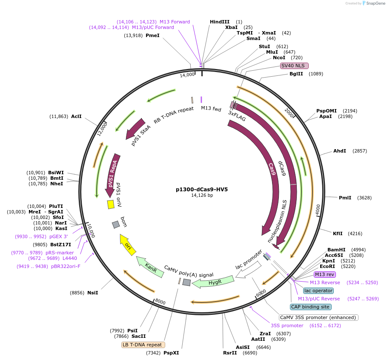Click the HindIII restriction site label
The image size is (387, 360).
(x=219, y=22)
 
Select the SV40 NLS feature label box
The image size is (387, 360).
(x=294, y=66)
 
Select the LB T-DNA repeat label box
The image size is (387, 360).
(x=143, y=345)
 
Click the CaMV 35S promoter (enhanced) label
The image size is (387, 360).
(x=318, y=317)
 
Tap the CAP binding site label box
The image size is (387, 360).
(x=310, y=307)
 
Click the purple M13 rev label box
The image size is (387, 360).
(x=325, y=274)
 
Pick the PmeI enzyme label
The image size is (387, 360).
(x=152, y=35)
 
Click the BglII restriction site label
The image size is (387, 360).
(x=296, y=74)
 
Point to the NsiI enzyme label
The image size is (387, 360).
(x=92, y=293)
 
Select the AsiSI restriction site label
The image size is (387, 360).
(x=243, y=347)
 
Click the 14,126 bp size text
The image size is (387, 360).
(x=202, y=196)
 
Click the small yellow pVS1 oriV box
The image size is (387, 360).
(x=111, y=204)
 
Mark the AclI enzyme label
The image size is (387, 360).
(x=76, y=116)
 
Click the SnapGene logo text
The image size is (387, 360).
(x=373, y=3)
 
